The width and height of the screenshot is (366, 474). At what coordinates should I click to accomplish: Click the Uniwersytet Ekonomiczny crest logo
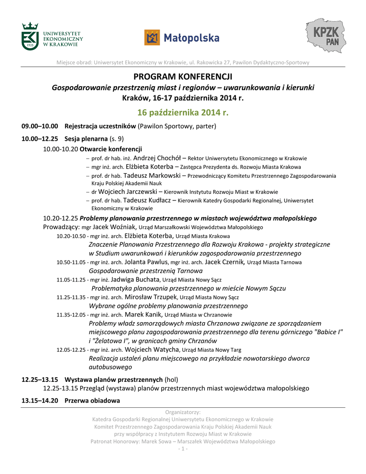pos(31,36)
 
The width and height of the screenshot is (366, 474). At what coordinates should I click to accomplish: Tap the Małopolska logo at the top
pos(182,37)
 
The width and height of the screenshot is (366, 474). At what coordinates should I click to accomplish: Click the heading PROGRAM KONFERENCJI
pos(183,76)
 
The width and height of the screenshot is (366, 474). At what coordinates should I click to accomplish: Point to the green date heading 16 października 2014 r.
pos(183,112)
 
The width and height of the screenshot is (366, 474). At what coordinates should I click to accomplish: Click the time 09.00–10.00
pos(40,126)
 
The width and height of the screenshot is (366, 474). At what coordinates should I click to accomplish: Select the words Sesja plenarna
pos(86,138)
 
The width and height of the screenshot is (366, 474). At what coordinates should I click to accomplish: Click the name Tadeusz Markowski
pos(149,175)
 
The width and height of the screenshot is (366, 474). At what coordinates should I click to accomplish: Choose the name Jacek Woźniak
pos(114,227)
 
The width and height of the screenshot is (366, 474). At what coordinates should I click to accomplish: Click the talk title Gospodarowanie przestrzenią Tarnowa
pos(145,271)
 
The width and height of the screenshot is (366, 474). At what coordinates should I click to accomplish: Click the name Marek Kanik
pos(140,314)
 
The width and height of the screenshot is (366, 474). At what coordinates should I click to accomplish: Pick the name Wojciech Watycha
pos(152,349)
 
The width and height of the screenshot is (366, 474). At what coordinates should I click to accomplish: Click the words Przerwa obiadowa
pos(92,400)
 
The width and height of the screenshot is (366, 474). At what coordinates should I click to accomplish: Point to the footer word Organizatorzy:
pos(183,412)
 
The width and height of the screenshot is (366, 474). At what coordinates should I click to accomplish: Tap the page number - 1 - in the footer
pos(183,449)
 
